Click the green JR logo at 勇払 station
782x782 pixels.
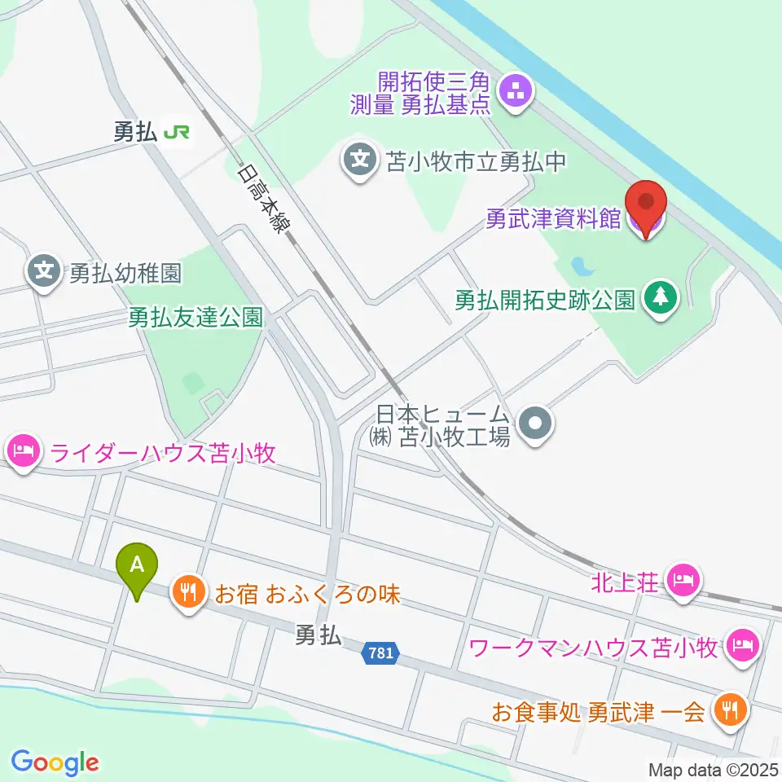[x=177, y=132]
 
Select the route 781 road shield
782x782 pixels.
[x=379, y=653]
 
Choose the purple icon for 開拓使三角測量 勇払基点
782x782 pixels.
[x=515, y=93]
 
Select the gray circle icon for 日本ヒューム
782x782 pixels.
[x=536, y=424]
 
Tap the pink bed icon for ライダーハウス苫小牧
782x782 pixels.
[x=24, y=451]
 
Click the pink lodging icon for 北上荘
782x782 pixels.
[x=683, y=581]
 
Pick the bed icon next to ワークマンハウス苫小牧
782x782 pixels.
[x=743, y=647]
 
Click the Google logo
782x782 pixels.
[x=55, y=762]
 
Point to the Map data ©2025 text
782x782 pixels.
[x=714, y=770]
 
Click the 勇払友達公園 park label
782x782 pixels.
[x=196, y=317]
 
